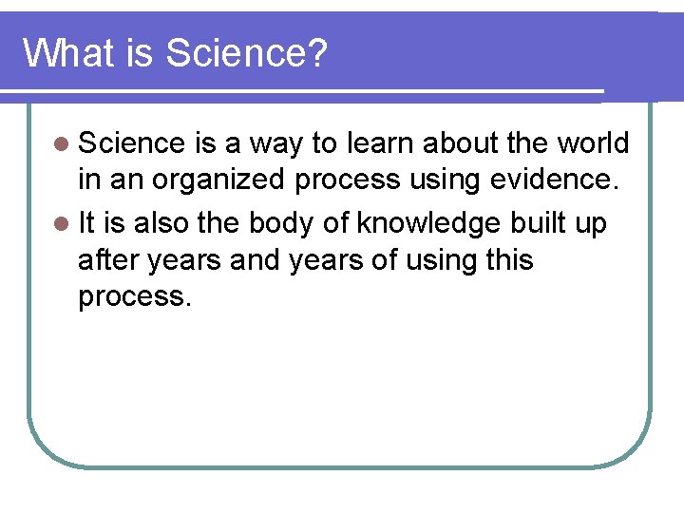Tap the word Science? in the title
point(246,53)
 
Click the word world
point(593,143)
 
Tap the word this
point(508,259)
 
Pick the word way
point(275,144)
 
